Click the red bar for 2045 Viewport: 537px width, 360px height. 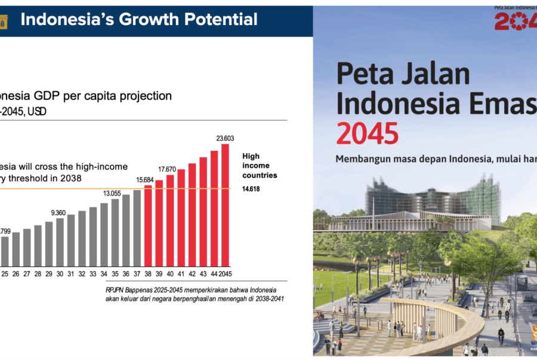[x=225, y=205]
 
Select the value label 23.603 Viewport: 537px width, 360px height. [x=225, y=138]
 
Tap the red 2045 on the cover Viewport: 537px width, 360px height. [x=367, y=133]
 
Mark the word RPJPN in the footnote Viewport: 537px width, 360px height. [x=115, y=290]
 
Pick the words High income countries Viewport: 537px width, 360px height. [x=258, y=166]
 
